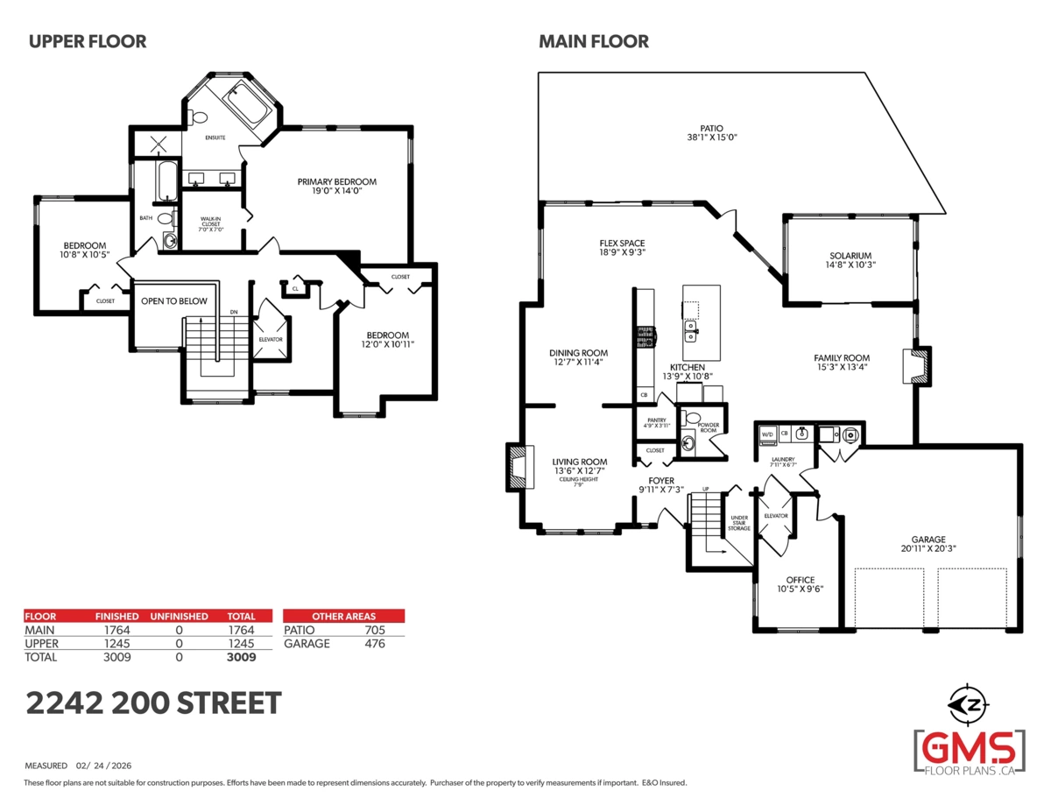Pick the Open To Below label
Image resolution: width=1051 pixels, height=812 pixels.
point(174,301)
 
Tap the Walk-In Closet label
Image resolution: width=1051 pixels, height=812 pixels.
point(212,223)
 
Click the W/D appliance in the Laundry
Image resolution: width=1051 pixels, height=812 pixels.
point(766,434)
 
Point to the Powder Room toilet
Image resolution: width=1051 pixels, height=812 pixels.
point(693,418)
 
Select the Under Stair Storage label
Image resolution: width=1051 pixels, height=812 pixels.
point(739,524)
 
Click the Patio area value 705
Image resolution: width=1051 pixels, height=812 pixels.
point(375,630)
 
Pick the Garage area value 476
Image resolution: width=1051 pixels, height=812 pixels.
point(375,644)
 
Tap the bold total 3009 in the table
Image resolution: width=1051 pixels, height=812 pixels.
point(241,657)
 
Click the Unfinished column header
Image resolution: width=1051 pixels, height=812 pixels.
point(179,617)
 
